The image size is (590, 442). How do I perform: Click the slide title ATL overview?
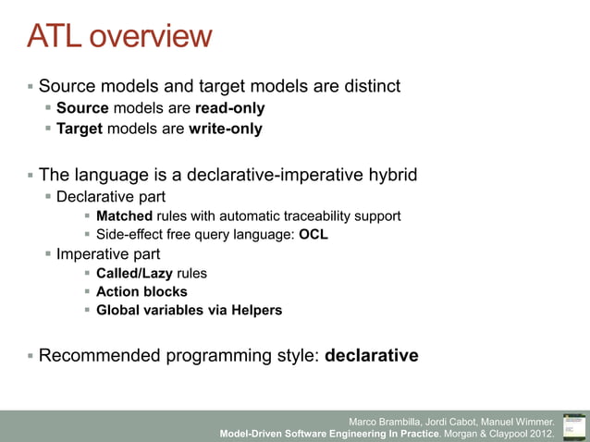(x=119, y=37)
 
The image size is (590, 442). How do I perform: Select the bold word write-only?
(x=225, y=129)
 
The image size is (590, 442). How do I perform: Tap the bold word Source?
(x=82, y=108)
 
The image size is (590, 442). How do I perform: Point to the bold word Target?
(x=80, y=129)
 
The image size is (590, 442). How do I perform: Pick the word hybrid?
(x=389, y=175)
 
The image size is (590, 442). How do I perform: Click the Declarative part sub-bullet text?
(x=111, y=196)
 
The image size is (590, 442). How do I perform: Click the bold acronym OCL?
(x=313, y=235)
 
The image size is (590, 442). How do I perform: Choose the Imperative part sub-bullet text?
(x=108, y=253)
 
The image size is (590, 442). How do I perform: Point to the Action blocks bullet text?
(x=141, y=291)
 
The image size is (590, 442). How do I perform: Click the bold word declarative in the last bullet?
(x=372, y=355)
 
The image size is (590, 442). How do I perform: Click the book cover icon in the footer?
(x=573, y=425)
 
